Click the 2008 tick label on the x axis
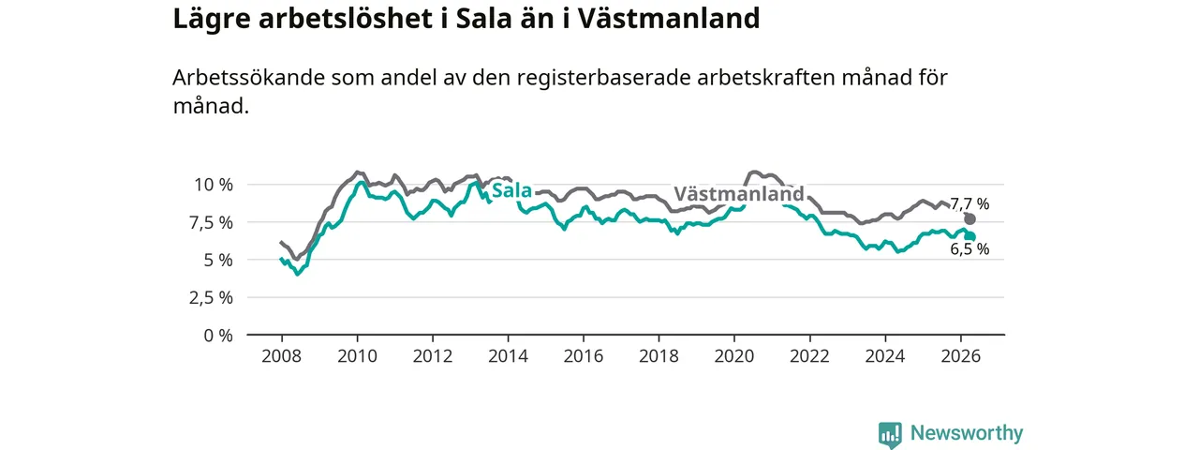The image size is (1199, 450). pyautogui.click(x=282, y=356)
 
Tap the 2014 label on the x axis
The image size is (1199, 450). pyautogui.click(x=508, y=356)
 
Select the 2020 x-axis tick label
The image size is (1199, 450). pyautogui.click(x=734, y=356)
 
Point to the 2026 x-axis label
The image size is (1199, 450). pyautogui.click(x=961, y=356)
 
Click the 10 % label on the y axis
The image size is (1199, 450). pyautogui.click(x=214, y=185)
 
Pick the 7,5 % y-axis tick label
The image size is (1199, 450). pyautogui.click(x=212, y=223)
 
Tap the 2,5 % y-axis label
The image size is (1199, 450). pyautogui.click(x=212, y=298)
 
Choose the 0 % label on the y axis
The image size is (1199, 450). pyautogui.click(x=218, y=336)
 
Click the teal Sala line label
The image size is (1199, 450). pyautogui.click(x=511, y=190)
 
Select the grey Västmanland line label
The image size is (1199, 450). pyautogui.click(x=739, y=193)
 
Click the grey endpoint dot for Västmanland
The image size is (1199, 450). pyautogui.click(x=970, y=219)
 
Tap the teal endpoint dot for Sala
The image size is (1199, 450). pyautogui.click(x=970, y=237)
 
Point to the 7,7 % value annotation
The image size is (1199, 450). pyautogui.click(x=970, y=203)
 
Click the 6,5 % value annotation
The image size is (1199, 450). pyautogui.click(x=970, y=249)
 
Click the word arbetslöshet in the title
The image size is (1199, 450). pyautogui.click(x=346, y=18)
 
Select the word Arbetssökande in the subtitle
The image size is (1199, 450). pyautogui.click(x=249, y=78)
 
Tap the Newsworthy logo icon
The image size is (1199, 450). pyautogui.click(x=890, y=434)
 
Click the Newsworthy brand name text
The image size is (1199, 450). pyautogui.click(x=967, y=432)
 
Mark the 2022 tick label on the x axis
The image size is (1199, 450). pyautogui.click(x=810, y=356)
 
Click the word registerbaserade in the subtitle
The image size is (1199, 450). pyautogui.click(x=603, y=78)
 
